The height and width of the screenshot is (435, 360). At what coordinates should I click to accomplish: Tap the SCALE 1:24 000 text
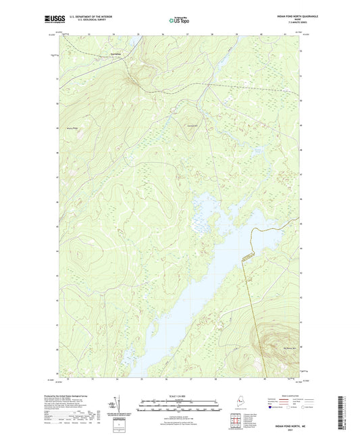pyautogui.click(x=179, y=388)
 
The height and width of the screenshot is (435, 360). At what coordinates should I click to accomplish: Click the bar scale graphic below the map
pyautogui.click(x=179, y=398)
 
